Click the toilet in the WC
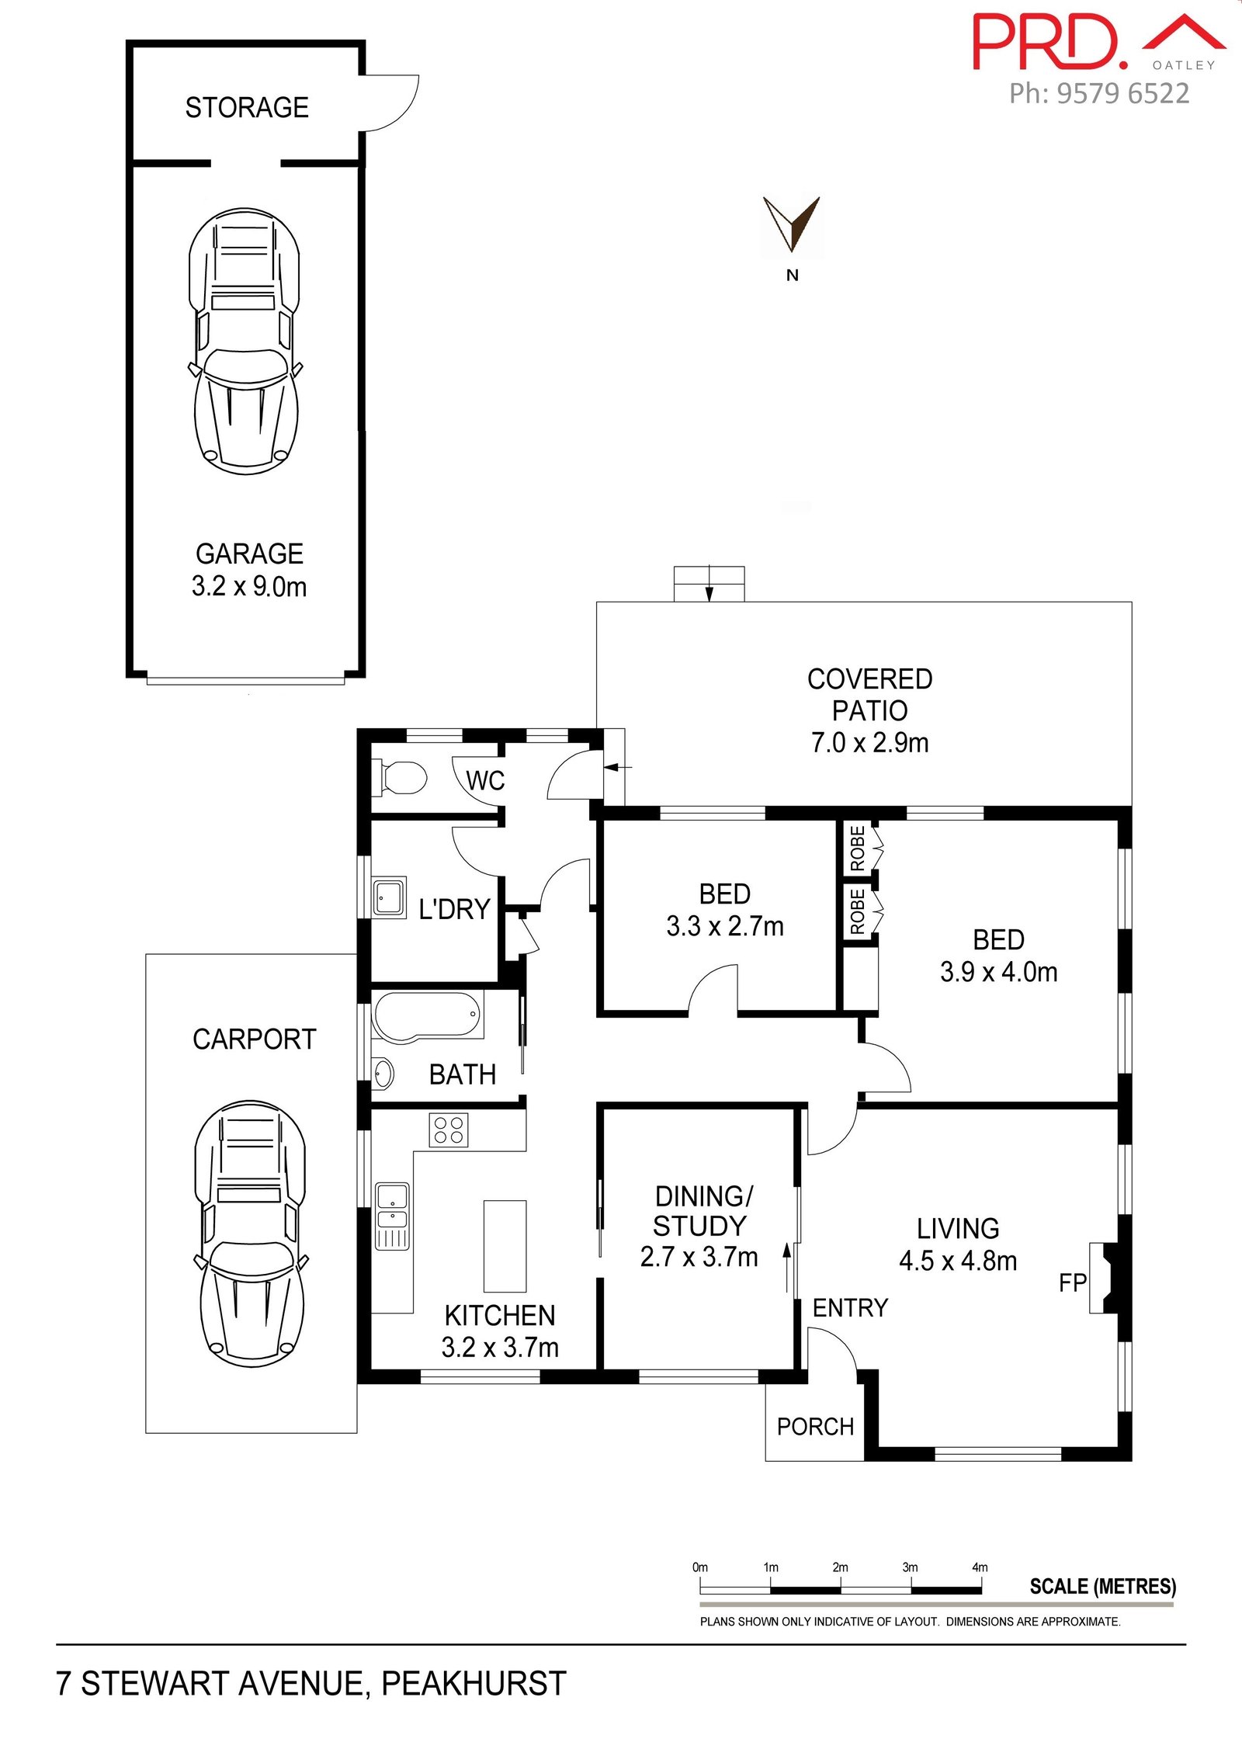click(x=401, y=778)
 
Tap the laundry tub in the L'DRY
click(x=389, y=898)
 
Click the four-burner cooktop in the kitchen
click(x=449, y=1130)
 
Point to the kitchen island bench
click(x=505, y=1246)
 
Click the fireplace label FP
click(x=1072, y=1282)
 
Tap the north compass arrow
click(x=792, y=224)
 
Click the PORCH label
click(x=815, y=1426)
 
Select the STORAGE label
click(x=247, y=107)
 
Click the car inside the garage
click(x=245, y=341)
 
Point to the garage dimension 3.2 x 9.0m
click(x=249, y=586)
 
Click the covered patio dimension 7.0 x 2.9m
click(x=870, y=743)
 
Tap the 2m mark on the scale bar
click(x=841, y=1567)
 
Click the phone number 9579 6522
click(x=1123, y=94)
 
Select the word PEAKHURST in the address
click(x=474, y=1684)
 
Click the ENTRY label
click(x=850, y=1308)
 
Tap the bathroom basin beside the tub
click(x=383, y=1074)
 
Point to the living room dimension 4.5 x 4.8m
click(x=958, y=1261)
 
